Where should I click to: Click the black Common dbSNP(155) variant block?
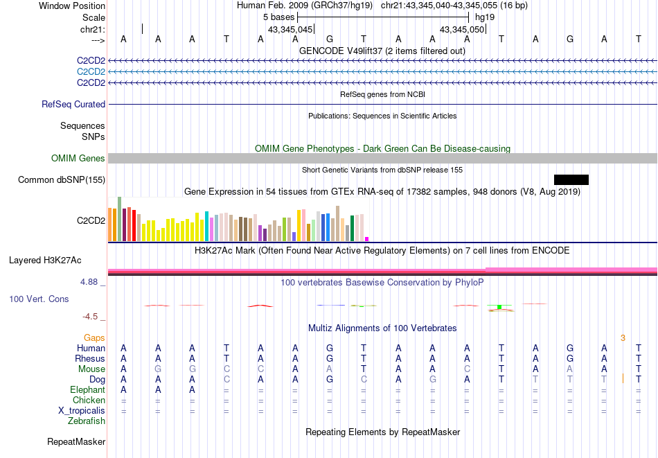pos(571,179)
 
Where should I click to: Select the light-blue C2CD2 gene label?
pos(91,71)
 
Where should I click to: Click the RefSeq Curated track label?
pos(73,105)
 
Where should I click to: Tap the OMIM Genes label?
pos(78,159)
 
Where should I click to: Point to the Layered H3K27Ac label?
pos(45,261)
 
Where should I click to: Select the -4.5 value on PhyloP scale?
pos(90,317)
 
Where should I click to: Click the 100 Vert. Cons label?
pos(39,299)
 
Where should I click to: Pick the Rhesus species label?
pos(90,359)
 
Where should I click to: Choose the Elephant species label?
pos(87,390)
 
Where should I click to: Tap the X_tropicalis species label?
pos(82,411)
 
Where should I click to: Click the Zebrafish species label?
pos(87,421)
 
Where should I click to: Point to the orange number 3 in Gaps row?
pos(623,338)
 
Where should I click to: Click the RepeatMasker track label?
pos(76,441)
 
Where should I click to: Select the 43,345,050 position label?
pos(462,30)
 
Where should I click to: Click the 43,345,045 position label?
pos(290,30)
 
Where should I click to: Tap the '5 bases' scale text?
pos(278,17)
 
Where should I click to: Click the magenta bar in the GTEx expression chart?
pos(367,239)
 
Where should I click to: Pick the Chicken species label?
pos(89,400)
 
